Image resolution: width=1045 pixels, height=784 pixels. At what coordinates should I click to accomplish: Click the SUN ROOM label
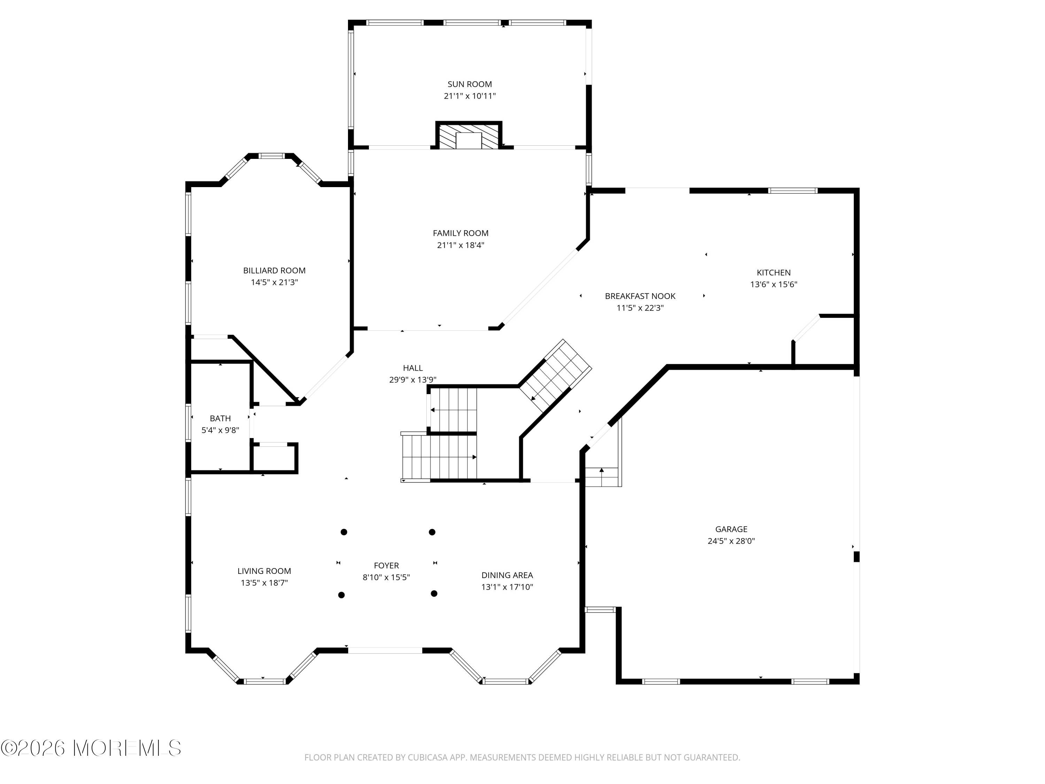point(470,84)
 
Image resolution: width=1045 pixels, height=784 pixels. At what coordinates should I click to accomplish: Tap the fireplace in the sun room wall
point(468,136)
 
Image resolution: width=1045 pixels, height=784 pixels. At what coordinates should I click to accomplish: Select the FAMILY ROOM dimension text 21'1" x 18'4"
point(460,245)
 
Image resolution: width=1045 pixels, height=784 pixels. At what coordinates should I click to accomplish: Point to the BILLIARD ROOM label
point(274,270)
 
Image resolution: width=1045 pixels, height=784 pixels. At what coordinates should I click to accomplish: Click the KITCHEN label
point(773,273)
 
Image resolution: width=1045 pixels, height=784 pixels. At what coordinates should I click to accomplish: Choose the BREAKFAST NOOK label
point(640,296)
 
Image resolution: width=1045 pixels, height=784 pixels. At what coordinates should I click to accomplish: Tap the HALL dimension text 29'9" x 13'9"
point(412,379)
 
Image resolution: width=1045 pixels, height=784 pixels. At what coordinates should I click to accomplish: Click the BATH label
point(220,418)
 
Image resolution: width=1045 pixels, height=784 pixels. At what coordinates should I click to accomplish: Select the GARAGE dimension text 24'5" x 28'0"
point(731,541)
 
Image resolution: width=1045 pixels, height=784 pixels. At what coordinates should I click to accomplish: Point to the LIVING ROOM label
point(264,571)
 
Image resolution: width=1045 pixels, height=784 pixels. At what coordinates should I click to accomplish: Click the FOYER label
point(386,565)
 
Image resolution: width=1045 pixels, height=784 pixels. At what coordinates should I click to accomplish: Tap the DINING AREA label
point(507,575)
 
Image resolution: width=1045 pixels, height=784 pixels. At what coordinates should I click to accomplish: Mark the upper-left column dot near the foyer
point(344,532)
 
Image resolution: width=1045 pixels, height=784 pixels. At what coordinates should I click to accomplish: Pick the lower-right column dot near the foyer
point(434,593)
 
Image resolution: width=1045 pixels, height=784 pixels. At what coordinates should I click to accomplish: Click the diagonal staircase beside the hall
point(556,370)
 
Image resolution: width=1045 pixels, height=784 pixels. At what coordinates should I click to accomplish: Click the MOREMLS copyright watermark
point(91,748)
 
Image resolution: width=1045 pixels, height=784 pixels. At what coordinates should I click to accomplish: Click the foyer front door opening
point(385,650)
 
